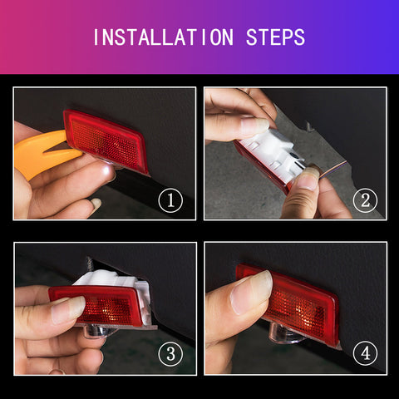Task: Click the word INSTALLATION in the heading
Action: [164, 37]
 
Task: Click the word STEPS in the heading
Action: [275, 37]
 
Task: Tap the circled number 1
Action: [170, 200]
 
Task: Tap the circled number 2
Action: [365, 200]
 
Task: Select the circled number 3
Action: [170, 354]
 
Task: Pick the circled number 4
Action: [365, 353]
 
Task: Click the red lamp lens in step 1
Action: [106, 141]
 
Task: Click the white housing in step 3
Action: [116, 283]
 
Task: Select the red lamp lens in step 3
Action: [96, 305]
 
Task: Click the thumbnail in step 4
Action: [251, 293]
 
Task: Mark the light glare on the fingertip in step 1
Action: [106, 170]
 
